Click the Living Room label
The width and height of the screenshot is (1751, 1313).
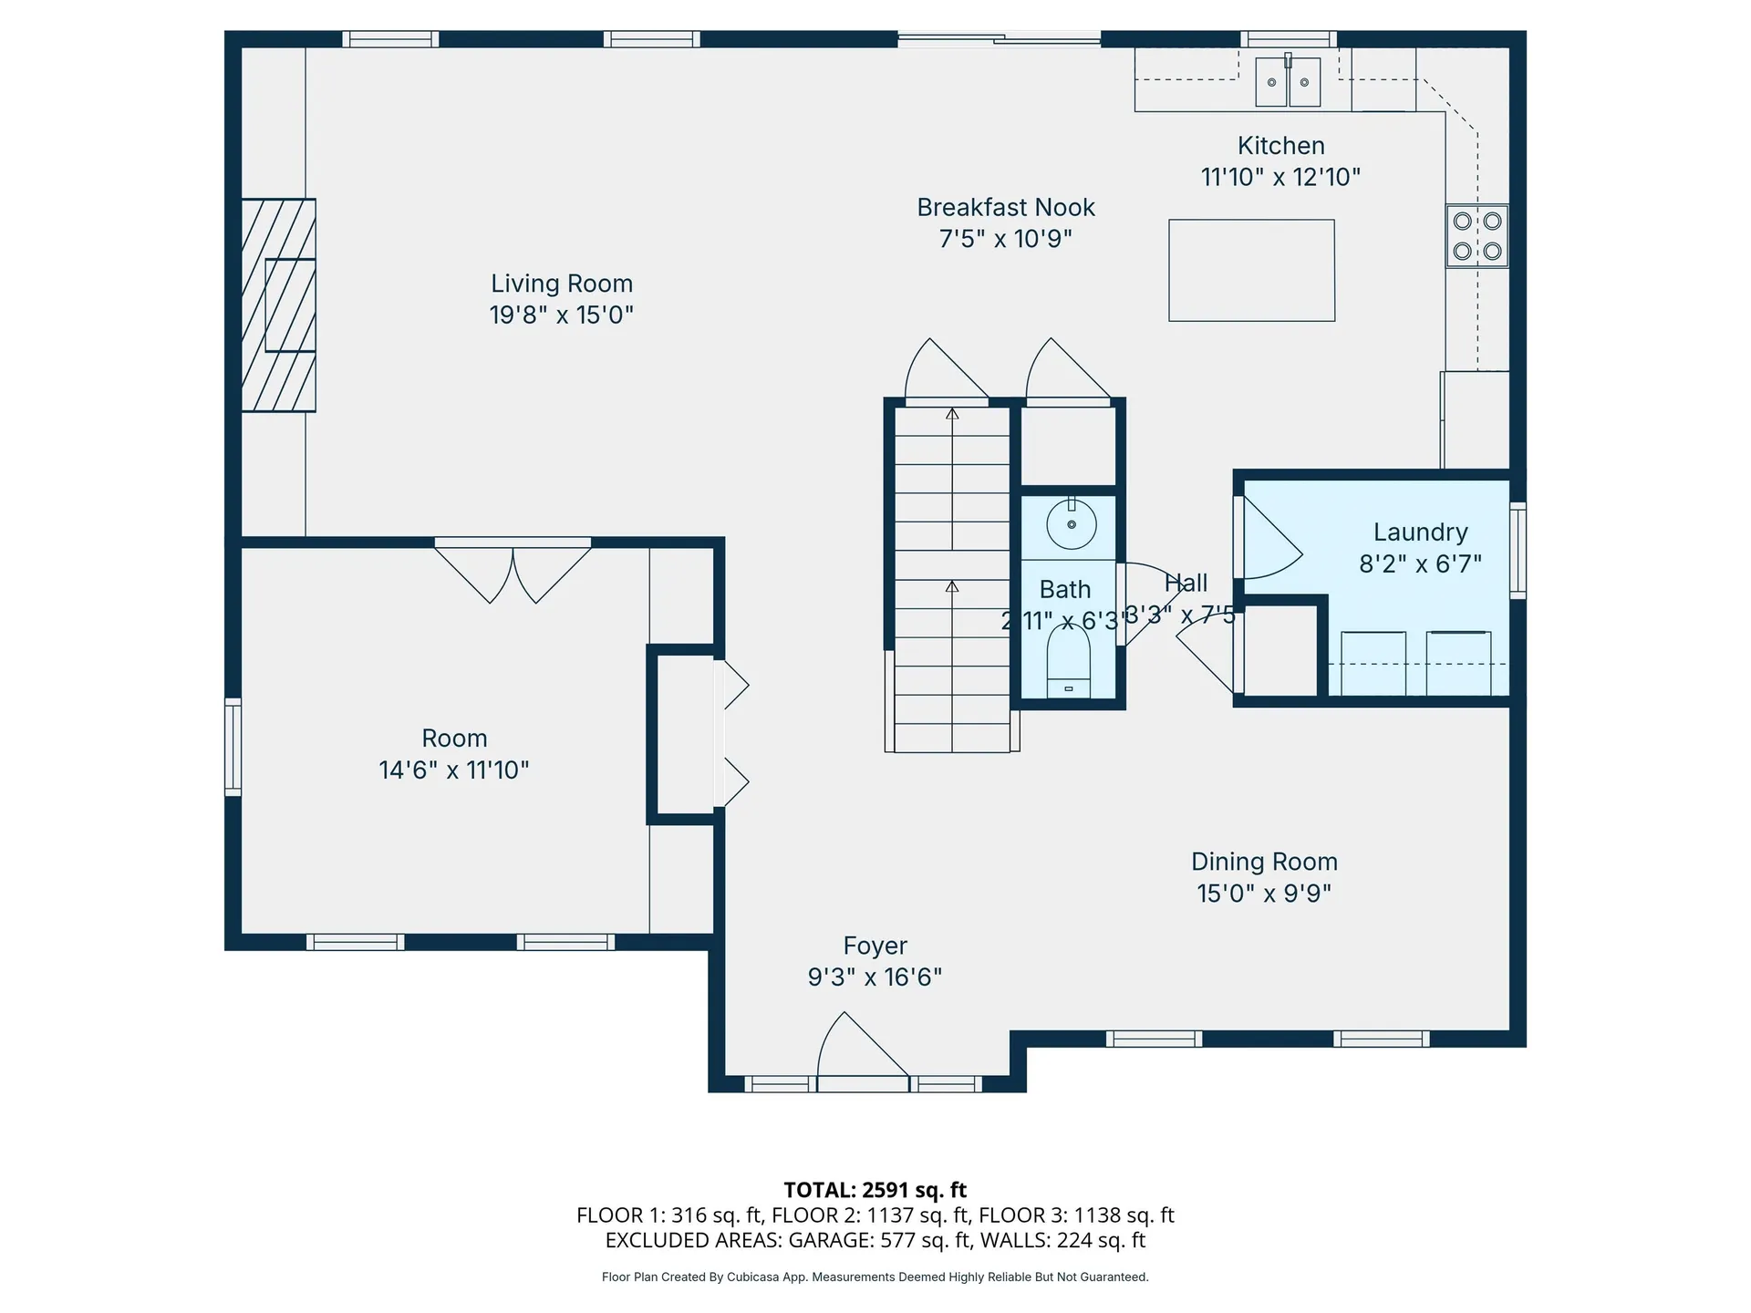click(562, 284)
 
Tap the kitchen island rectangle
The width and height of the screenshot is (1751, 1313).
click(1251, 270)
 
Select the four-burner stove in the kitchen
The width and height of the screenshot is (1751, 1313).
click(1476, 236)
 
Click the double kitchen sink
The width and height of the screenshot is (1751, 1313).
click(1288, 82)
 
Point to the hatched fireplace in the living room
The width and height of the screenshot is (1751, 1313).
click(278, 305)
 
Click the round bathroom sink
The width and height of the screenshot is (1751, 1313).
click(1071, 524)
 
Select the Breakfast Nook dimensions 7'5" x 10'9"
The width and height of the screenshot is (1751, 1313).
click(1005, 239)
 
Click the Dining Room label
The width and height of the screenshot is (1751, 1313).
click(1264, 862)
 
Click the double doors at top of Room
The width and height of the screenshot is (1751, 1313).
click(513, 571)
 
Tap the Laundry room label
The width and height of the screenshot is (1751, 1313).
click(1420, 532)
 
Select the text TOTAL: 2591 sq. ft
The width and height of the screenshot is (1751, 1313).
click(875, 1190)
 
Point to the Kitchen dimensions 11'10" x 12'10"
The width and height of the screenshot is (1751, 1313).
click(1280, 177)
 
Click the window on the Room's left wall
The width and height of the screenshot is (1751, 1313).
click(233, 747)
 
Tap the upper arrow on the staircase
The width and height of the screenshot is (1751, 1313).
click(952, 415)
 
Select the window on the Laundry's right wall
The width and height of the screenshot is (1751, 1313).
click(1518, 550)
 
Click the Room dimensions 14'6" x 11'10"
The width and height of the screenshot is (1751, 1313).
click(453, 770)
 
